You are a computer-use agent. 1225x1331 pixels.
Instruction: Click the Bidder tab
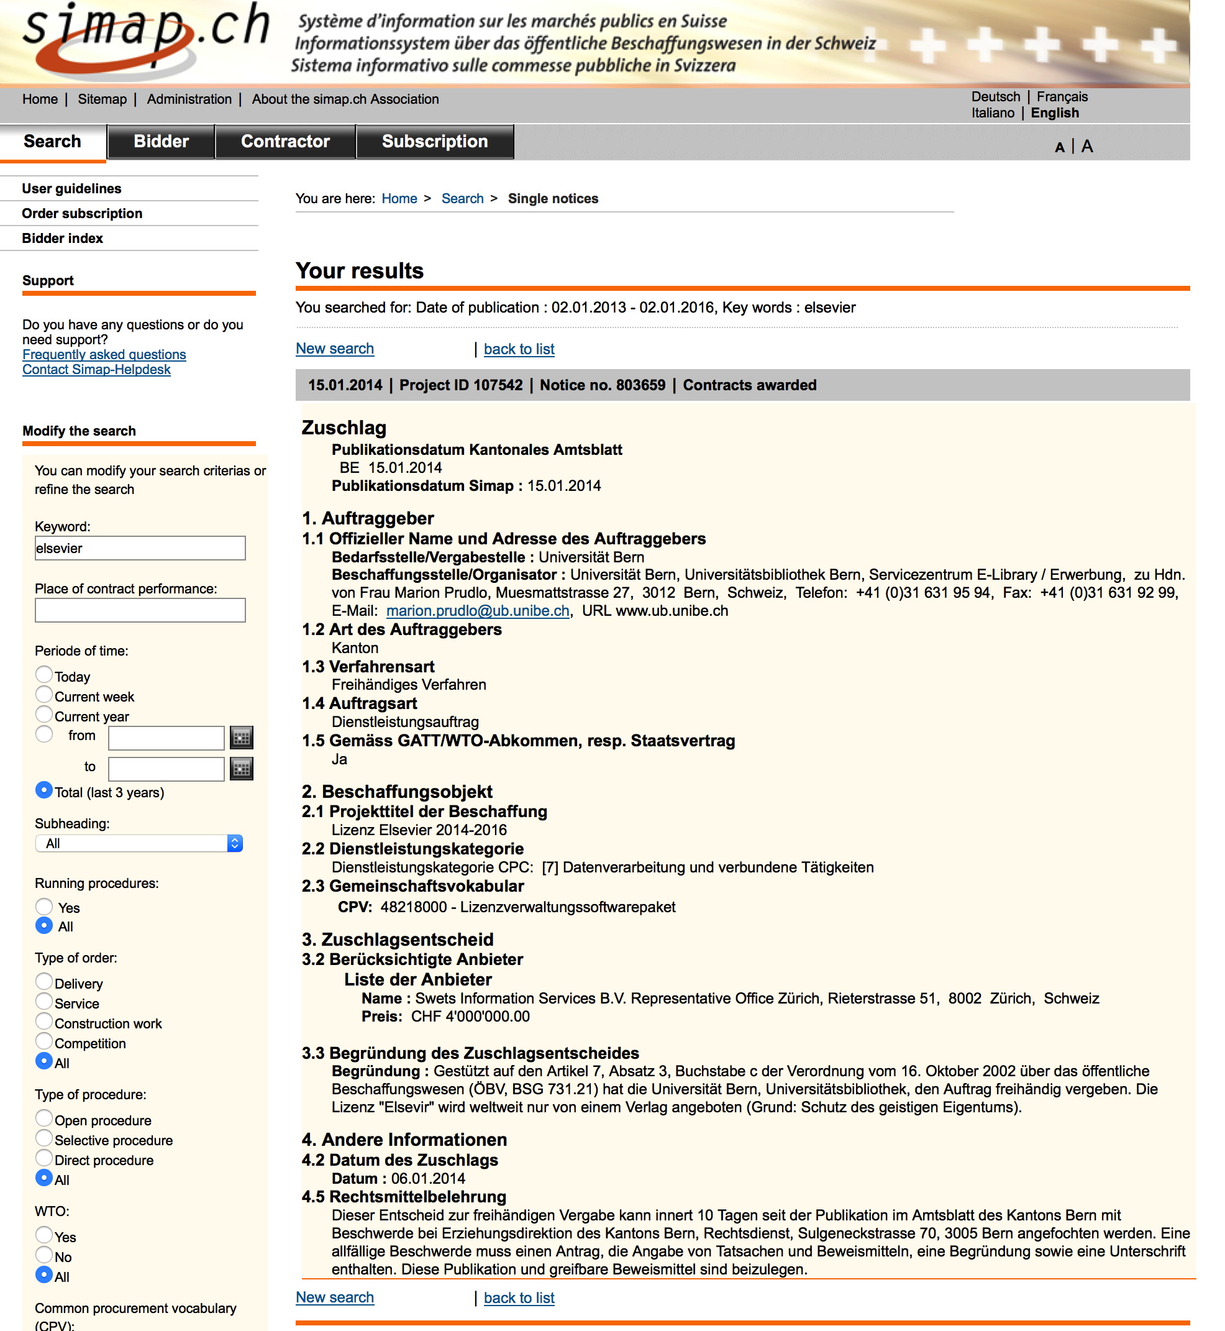pyautogui.click(x=161, y=142)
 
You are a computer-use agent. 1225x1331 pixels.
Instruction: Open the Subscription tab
pyautogui.click(x=434, y=142)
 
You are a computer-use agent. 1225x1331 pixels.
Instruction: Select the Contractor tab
pyautogui.click(x=285, y=142)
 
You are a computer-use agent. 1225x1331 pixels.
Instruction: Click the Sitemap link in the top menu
pyautogui.click(x=102, y=99)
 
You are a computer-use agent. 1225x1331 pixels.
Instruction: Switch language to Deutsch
pyautogui.click(x=995, y=97)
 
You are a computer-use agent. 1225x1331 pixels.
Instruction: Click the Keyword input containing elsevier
pyautogui.click(x=140, y=549)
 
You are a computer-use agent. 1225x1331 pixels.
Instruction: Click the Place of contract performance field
pyautogui.click(x=140, y=610)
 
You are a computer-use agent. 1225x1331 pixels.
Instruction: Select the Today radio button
pyautogui.click(x=43, y=674)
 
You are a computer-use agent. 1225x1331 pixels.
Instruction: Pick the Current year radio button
pyautogui.click(x=43, y=714)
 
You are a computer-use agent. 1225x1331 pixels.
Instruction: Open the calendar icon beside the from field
pyautogui.click(x=241, y=738)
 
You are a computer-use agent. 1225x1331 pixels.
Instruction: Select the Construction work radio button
pyautogui.click(x=43, y=1022)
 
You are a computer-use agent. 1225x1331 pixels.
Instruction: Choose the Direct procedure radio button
pyautogui.click(x=43, y=1158)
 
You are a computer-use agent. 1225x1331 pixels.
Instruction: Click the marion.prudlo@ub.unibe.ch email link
pyautogui.click(x=477, y=611)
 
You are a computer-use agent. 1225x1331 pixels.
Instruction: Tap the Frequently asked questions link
pyautogui.click(x=104, y=355)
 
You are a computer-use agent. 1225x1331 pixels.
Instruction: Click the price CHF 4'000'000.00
pyautogui.click(x=470, y=1017)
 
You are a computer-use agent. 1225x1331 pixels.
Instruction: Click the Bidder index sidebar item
pyautogui.click(x=62, y=239)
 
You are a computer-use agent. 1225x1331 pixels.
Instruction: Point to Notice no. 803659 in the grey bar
pyautogui.click(x=602, y=385)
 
